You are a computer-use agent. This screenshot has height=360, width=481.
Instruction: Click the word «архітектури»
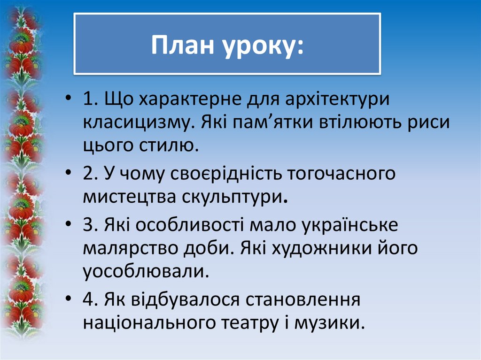[336, 100]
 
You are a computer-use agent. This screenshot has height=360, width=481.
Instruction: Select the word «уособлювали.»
[146, 272]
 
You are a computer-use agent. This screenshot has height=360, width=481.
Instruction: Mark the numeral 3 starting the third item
[88, 226]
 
